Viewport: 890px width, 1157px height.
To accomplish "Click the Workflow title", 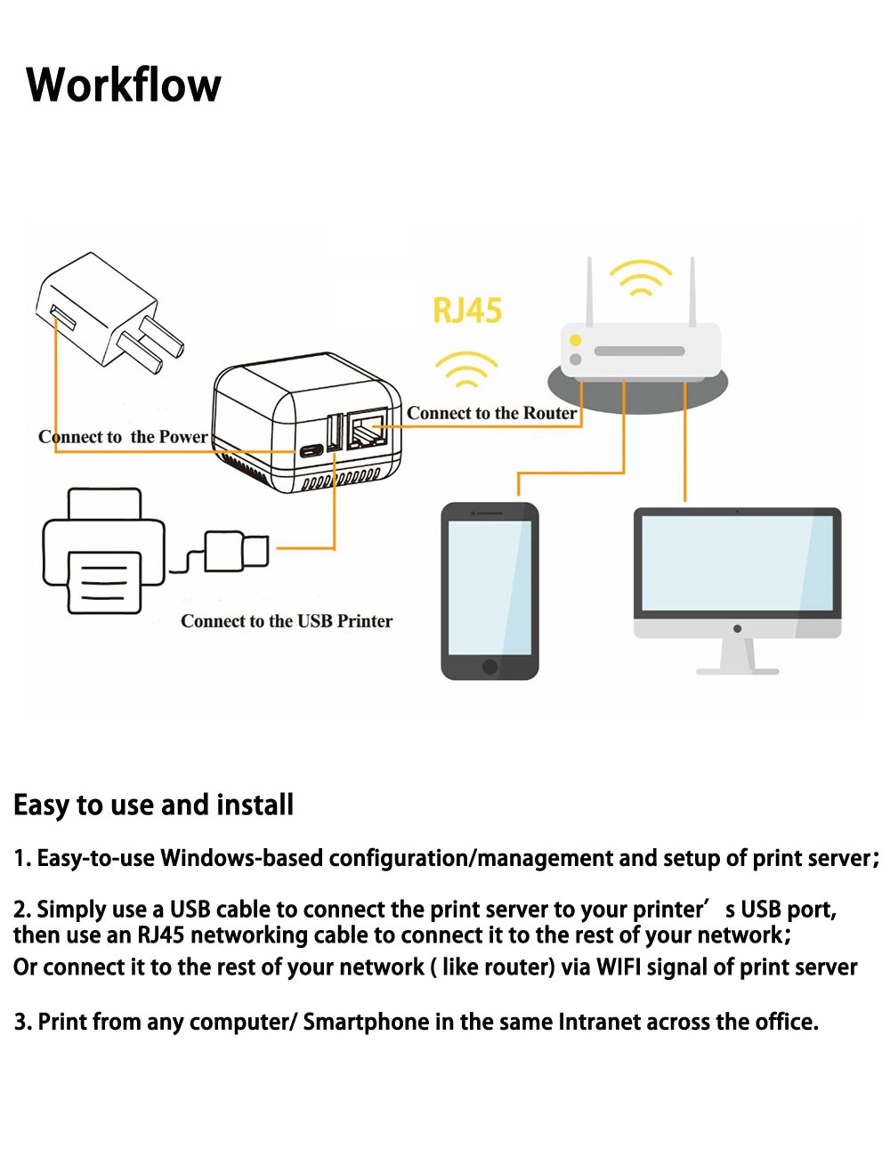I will [x=124, y=85].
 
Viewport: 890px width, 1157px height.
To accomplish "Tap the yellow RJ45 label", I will [x=467, y=311].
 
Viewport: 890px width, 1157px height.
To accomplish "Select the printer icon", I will [x=103, y=552].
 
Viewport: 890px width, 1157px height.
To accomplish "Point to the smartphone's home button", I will [x=489, y=667].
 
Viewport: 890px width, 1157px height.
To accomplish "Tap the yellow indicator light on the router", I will [x=576, y=340].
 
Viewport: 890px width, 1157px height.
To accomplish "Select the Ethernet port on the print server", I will [x=367, y=433].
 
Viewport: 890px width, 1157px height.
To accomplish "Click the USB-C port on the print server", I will [x=311, y=450].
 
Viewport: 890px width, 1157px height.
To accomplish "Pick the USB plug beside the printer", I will [x=236, y=551].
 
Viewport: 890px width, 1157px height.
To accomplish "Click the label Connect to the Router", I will [x=491, y=413].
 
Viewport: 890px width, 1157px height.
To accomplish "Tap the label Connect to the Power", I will [x=123, y=437].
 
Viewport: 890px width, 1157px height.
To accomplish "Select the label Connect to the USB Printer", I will [x=287, y=621].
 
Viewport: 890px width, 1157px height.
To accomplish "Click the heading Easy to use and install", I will [x=153, y=805].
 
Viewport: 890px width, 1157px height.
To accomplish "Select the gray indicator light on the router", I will [x=576, y=359].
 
